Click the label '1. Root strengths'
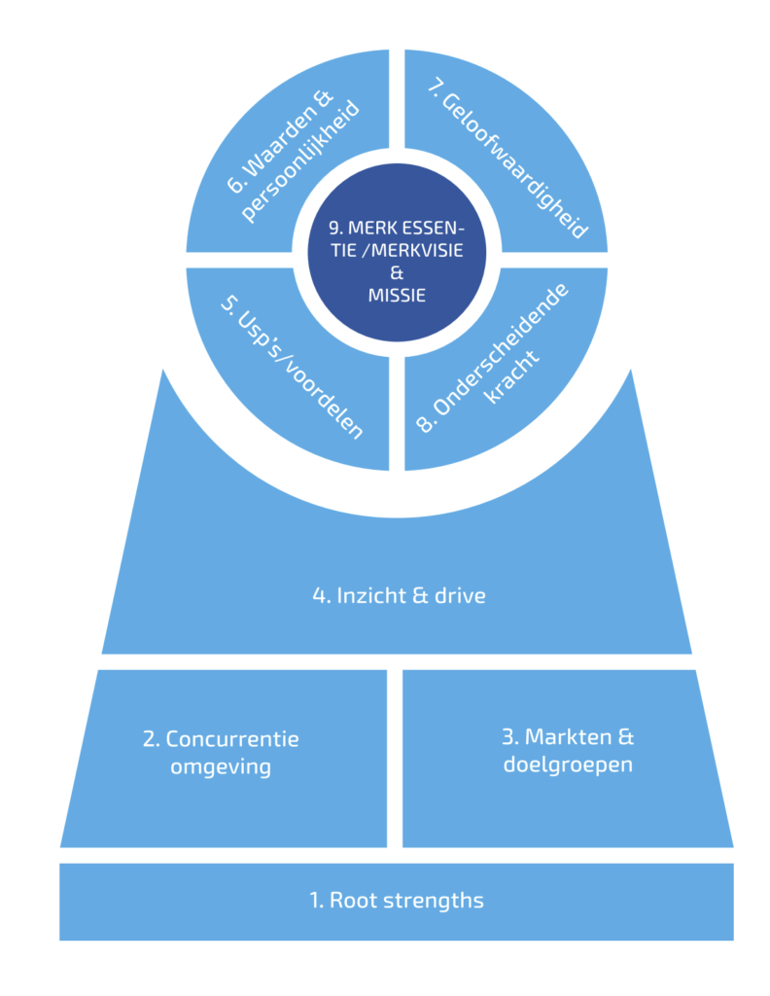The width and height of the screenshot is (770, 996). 397,901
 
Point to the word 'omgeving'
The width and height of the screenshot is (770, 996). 220,766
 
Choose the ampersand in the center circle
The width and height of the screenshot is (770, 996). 397,274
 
